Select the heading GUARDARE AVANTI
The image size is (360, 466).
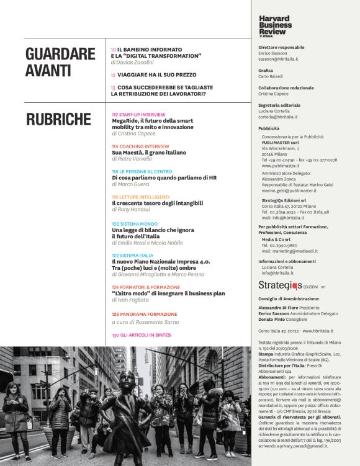[60, 62]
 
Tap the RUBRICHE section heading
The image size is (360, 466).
[58, 119]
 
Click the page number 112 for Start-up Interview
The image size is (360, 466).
[115, 115]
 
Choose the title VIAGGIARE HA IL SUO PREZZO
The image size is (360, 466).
[146, 75]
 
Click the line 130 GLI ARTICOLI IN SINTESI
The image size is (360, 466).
[142, 335]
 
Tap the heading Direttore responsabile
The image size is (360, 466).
[281, 47]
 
